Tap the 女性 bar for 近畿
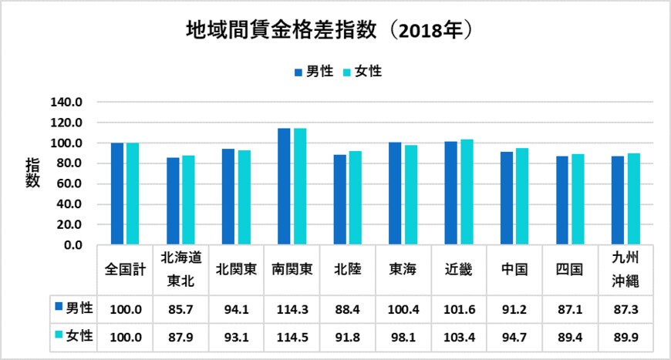pos(467,192)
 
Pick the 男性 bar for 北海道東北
pos(173,201)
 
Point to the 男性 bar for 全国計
pos(117,193)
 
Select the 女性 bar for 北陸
pos(355,197)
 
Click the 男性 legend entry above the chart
pos(313,72)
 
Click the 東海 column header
pos(403,269)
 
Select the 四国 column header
pos(569,269)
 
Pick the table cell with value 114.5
pos(292,335)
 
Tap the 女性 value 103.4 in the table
pos(458,335)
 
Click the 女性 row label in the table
pos(73,335)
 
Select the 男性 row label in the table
pos(73,308)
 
